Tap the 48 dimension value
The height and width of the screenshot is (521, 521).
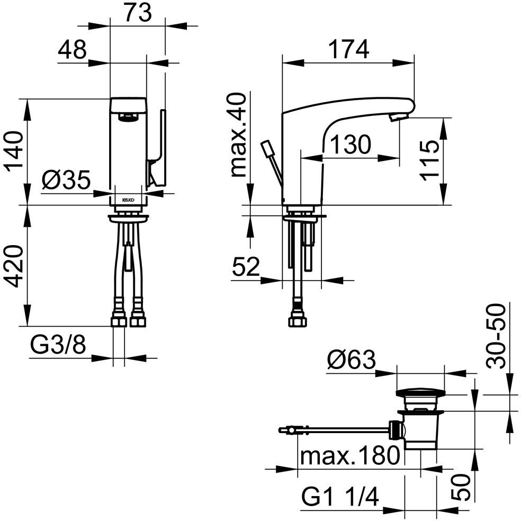pyautogui.click(x=72, y=50)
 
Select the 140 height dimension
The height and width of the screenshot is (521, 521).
pyautogui.click(x=14, y=151)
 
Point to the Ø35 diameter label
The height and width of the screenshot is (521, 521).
pyautogui.click(x=66, y=180)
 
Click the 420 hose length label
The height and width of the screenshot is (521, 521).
pyautogui.click(x=14, y=266)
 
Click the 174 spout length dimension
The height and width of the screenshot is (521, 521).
pyautogui.click(x=348, y=49)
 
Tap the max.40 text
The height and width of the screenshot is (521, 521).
pyautogui.click(x=239, y=134)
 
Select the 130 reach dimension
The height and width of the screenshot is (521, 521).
pyautogui.click(x=351, y=145)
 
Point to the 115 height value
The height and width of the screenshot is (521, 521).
pyautogui.click(x=429, y=161)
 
